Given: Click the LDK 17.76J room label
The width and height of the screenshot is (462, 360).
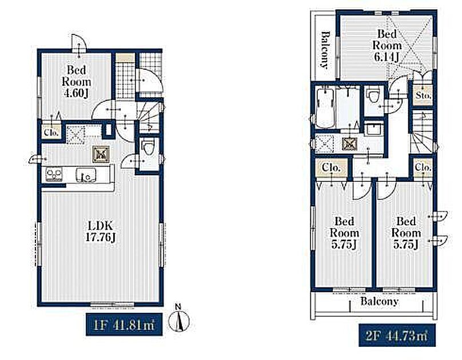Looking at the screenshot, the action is (101, 231).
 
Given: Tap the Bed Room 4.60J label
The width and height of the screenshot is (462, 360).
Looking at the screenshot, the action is (76, 81).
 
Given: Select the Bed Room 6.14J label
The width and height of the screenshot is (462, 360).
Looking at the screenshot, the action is (387, 45).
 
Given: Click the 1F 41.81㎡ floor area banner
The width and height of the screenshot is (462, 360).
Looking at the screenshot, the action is (124, 325).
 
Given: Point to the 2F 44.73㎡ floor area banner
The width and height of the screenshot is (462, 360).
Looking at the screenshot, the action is (397, 335).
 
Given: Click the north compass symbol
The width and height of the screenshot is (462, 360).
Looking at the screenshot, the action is (178, 319).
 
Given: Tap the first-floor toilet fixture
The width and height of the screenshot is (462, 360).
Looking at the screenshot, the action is (147, 148).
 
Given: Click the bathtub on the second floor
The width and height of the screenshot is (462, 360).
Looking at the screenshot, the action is (325, 108).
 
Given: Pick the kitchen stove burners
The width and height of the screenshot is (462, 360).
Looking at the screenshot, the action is (54, 174).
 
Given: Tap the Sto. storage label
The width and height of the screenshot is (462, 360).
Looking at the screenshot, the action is (423, 95).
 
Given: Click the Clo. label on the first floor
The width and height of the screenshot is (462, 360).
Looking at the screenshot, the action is (52, 133).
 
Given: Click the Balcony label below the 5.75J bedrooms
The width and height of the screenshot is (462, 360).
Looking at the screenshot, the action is (379, 301).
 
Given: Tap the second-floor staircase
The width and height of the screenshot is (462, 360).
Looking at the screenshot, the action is (423, 131).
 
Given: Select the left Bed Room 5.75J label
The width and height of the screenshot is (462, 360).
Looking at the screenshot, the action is (344, 233).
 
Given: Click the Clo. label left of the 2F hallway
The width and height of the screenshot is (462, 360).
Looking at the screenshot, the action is (332, 168).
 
